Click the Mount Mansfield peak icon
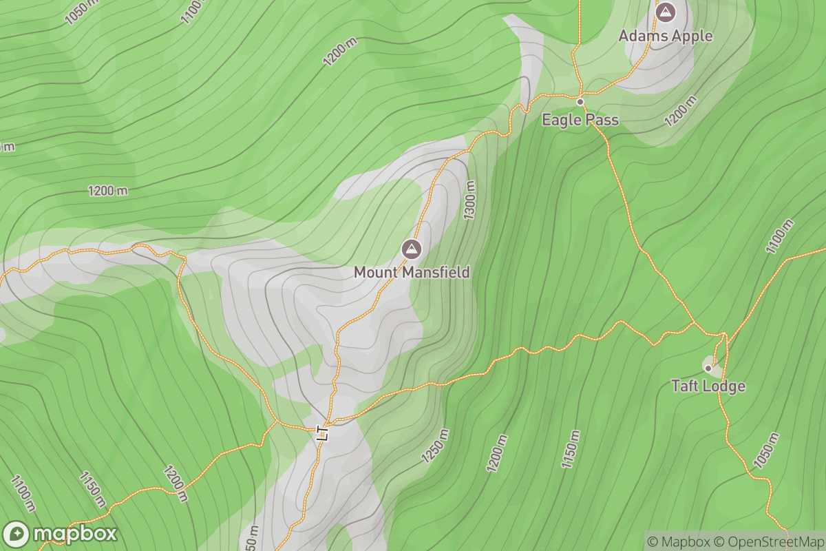(x=412, y=249)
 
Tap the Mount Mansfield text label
(x=412, y=272)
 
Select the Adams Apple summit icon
(x=665, y=12)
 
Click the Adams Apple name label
(x=665, y=35)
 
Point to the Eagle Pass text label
(x=580, y=120)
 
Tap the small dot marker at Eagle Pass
(x=580, y=102)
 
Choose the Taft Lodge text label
(x=708, y=386)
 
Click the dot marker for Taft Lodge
(x=708, y=368)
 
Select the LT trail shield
(x=321, y=433)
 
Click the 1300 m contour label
(x=470, y=200)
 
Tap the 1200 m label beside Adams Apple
(x=681, y=111)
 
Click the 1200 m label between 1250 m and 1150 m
(x=497, y=453)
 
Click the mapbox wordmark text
(x=74, y=534)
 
